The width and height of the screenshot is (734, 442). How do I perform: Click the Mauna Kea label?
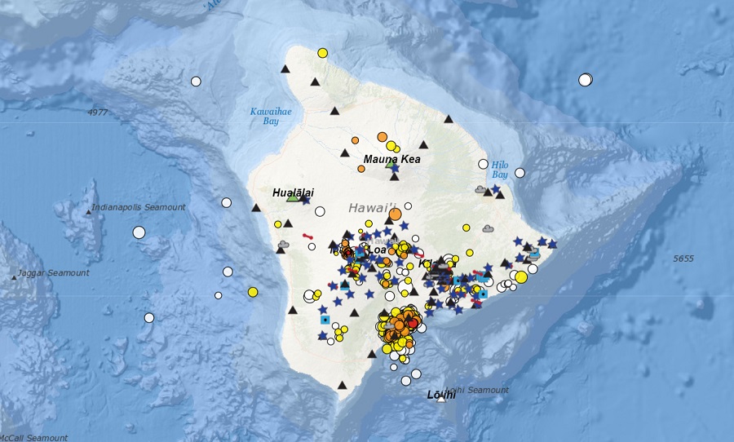(391, 159)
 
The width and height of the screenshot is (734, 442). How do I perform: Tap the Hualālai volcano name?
(294, 192)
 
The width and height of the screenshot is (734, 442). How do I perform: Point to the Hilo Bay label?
(499, 169)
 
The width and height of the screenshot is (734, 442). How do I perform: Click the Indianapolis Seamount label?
(139, 208)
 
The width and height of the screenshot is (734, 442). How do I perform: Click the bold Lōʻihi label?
(441, 395)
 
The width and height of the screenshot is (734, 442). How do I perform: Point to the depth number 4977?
(98, 112)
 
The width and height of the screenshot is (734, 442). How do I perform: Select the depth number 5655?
(683, 259)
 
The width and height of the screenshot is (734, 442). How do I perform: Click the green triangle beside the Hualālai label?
(292, 197)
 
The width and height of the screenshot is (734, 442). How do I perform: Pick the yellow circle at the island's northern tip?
(322, 53)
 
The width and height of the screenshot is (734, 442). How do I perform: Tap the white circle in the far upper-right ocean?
(585, 79)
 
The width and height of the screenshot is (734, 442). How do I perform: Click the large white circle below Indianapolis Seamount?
(139, 232)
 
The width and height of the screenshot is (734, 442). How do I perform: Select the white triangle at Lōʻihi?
(441, 399)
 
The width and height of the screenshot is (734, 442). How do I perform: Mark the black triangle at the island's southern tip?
(343, 385)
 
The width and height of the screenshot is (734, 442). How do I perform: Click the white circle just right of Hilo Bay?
(520, 173)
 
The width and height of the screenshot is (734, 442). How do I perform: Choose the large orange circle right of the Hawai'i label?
(396, 214)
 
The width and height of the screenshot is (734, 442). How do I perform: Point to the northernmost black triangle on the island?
(285, 70)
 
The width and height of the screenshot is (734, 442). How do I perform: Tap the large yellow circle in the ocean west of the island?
(253, 291)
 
